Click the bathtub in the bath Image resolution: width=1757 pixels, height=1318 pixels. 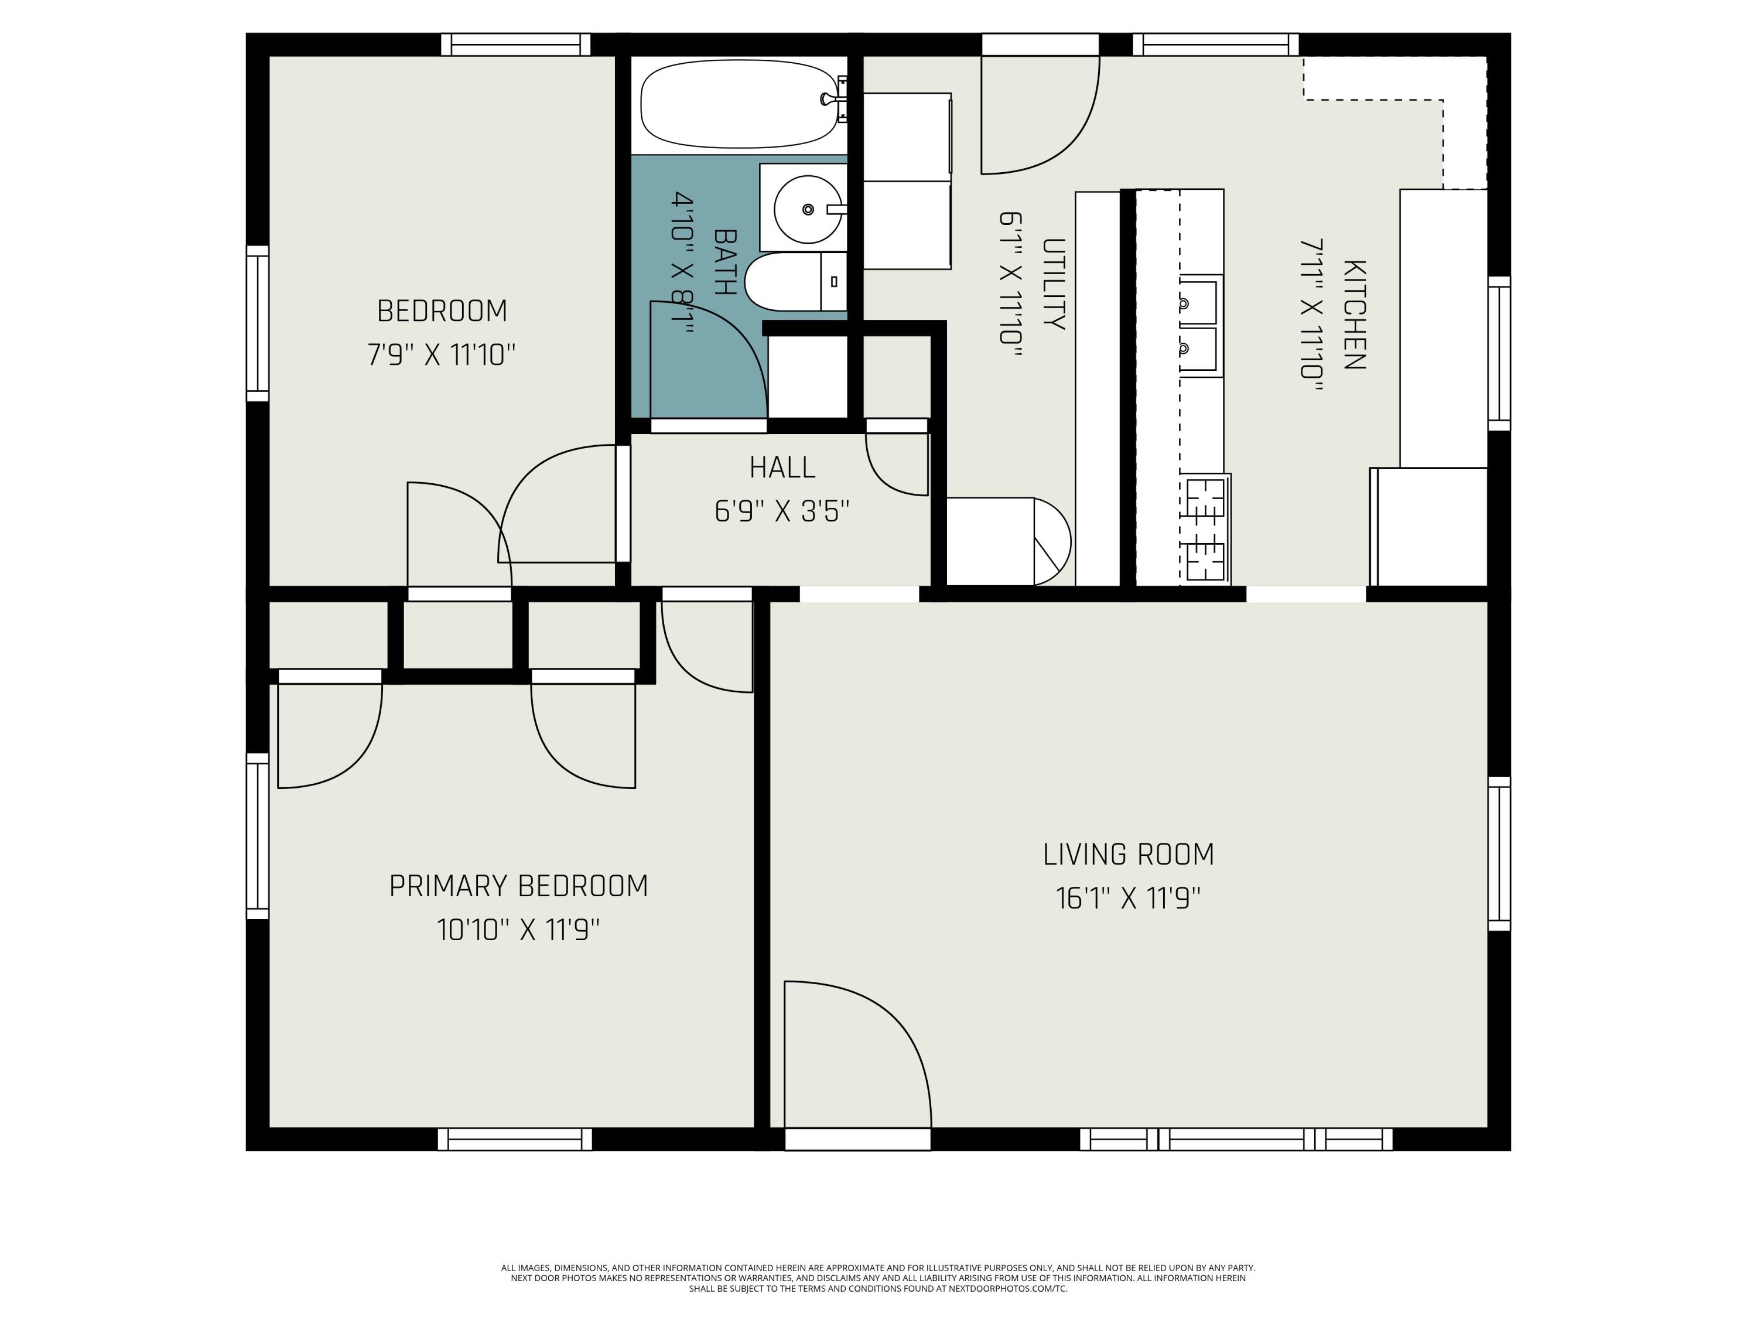click(x=739, y=105)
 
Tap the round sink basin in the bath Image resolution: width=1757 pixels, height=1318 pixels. click(x=807, y=209)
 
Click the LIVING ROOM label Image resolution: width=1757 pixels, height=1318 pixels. click(x=1128, y=855)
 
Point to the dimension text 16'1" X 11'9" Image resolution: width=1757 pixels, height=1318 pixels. click(x=1128, y=899)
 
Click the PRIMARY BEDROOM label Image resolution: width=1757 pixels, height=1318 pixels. click(x=518, y=886)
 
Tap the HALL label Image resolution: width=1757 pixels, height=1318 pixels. click(x=782, y=468)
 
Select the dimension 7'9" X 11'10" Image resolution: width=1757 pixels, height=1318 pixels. click(x=442, y=354)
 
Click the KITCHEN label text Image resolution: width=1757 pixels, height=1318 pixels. click(x=1353, y=315)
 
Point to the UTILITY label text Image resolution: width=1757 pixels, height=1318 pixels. click(x=1052, y=284)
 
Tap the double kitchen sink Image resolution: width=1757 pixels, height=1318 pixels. click(x=1199, y=325)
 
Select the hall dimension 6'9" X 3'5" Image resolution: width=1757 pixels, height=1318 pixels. click(x=782, y=511)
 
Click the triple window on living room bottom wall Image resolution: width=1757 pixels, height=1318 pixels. click(x=1236, y=1139)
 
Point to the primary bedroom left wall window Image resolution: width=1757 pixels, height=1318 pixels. click(x=257, y=836)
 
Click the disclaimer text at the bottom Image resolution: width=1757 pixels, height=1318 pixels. click(x=878, y=1278)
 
